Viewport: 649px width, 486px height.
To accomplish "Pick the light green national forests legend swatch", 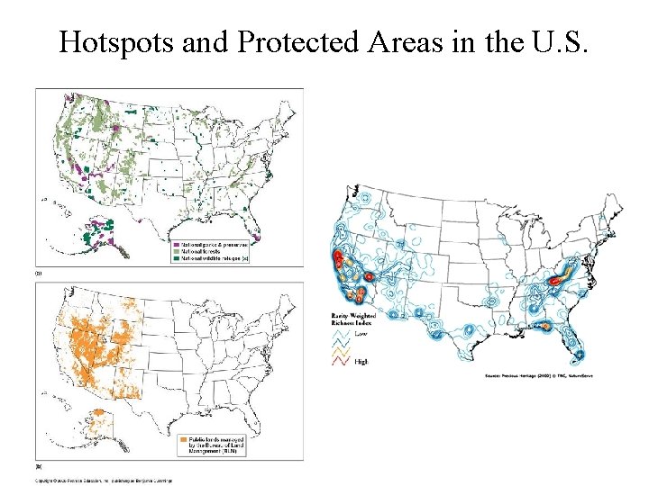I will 176,251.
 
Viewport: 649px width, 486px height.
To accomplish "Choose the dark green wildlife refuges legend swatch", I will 176,258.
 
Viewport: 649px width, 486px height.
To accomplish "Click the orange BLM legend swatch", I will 176,445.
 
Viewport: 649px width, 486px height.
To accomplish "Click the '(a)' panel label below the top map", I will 38,271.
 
